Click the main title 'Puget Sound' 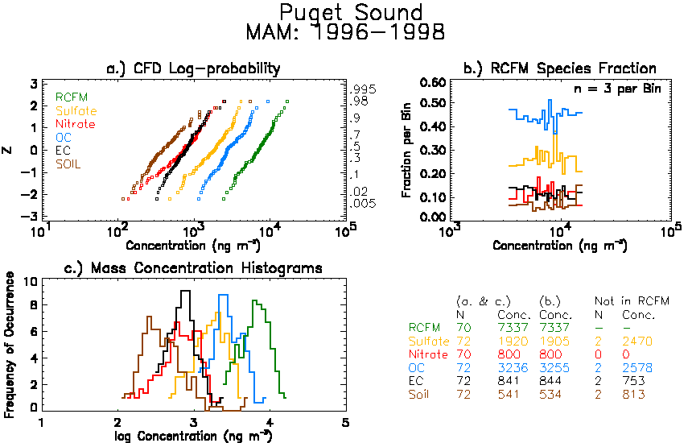[x=351, y=12]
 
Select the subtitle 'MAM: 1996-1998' [x=345, y=32]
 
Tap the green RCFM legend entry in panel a [x=72, y=97]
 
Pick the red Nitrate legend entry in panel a [x=76, y=124]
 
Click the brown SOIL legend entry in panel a [x=68, y=164]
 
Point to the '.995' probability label [x=363, y=89]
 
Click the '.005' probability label [x=363, y=204]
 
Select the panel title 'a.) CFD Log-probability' [x=193, y=68]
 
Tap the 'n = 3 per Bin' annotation [x=617, y=89]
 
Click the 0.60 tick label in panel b [x=433, y=83]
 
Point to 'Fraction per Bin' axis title [x=406, y=150]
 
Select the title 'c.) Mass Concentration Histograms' [x=193, y=268]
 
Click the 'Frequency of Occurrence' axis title [x=8, y=345]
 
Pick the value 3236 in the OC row [x=513, y=368]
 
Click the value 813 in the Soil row [x=634, y=395]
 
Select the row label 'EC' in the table [x=416, y=381]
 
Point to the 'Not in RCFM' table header [x=632, y=301]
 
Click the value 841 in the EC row [x=509, y=381]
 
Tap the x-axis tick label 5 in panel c [x=345, y=423]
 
